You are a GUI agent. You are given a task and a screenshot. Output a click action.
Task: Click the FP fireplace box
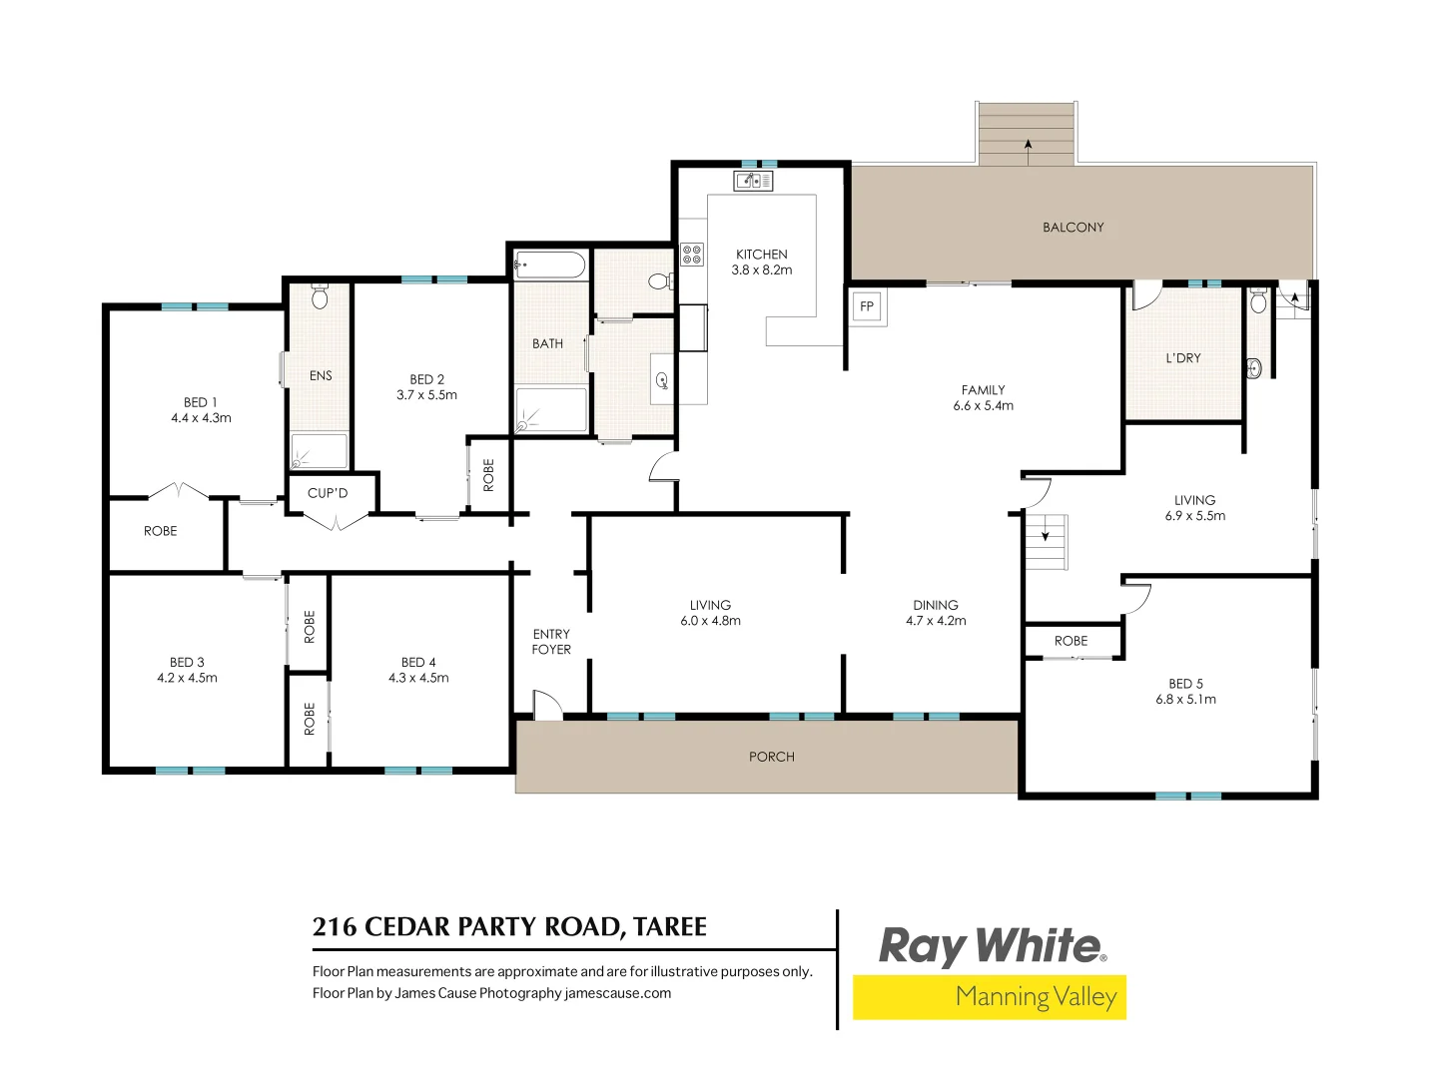[x=866, y=306]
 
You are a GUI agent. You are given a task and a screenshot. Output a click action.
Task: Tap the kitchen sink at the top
[x=753, y=181]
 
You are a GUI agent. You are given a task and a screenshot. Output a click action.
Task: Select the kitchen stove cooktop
[x=692, y=254]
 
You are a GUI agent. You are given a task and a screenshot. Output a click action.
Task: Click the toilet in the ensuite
[x=320, y=296]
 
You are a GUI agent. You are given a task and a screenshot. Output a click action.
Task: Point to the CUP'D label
[x=328, y=493]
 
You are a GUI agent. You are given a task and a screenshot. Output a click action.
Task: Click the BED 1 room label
[x=200, y=402]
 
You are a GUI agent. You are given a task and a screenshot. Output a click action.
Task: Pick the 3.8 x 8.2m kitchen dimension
[x=762, y=270]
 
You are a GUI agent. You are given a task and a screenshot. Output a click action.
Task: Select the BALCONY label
[x=1074, y=228]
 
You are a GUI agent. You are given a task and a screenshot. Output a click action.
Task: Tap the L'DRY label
[x=1183, y=358]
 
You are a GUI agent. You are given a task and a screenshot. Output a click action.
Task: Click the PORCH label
[x=772, y=757]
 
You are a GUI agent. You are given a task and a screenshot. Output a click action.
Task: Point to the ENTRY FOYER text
[x=551, y=642]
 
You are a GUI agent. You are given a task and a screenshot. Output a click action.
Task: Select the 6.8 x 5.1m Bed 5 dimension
[x=1186, y=700]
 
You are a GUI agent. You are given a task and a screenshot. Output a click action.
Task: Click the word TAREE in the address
[x=670, y=927]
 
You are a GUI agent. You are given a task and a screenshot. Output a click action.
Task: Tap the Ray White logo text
[x=991, y=946]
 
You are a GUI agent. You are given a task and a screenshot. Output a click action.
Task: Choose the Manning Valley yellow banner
[x=989, y=997]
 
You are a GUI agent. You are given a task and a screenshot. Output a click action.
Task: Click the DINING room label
[x=936, y=605]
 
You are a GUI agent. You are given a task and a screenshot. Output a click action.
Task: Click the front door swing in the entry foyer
[x=546, y=704]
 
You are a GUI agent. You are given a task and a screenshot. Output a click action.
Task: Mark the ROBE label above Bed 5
[x=1071, y=641]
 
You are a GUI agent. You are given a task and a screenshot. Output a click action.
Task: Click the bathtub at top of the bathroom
[x=549, y=266]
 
